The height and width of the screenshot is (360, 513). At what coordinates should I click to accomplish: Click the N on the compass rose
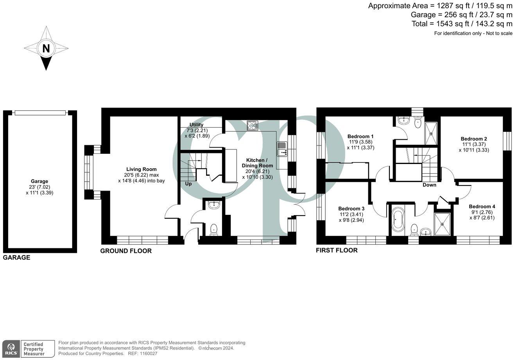click(x=46, y=49)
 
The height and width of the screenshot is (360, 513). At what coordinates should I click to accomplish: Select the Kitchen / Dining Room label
click(x=256, y=163)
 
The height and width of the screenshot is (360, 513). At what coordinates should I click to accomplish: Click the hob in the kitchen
click(x=253, y=126)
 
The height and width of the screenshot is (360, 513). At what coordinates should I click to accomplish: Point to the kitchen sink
click(x=282, y=148)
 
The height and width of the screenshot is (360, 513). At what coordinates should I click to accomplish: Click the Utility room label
click(x=196, y=125)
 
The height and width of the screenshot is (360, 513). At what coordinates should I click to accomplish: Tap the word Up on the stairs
click(x=188, y=184)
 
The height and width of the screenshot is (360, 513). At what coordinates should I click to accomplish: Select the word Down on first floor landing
click(x=429, y=185)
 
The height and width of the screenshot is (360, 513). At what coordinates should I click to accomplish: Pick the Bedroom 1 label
click(x=360, y=137)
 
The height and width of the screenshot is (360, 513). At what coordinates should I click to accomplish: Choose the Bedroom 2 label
click(x=474, y=139)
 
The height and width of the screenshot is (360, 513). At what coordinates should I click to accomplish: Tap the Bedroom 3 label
click(x=351, y=208)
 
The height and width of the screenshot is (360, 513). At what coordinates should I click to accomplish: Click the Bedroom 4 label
click(x=482, y=206)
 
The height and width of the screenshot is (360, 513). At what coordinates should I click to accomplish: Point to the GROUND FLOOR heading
click(x=126, y=251)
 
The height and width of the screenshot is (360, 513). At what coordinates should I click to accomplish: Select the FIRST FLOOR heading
click(x=337, y=250)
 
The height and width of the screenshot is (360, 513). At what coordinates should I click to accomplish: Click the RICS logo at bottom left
click(x=11, y=348)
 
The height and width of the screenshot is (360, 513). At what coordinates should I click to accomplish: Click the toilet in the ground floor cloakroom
click(x=213, y=230)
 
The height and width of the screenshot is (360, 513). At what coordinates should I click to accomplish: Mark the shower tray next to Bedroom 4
click(x=442, y=224)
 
